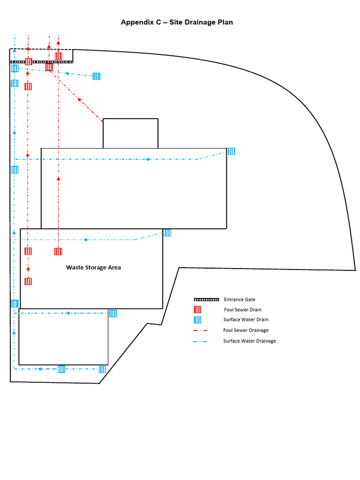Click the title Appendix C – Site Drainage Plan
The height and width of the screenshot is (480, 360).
(177, 22)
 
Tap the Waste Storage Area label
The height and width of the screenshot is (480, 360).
(93, 267)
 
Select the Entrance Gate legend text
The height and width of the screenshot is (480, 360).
(240, 299)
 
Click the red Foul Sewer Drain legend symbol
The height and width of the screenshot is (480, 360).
(198, 309)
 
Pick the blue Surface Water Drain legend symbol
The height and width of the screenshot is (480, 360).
(198, 320)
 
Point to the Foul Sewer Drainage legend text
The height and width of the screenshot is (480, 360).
(246, 330)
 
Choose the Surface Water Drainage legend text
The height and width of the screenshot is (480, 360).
(249, 341)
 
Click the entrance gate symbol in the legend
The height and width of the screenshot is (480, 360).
(206, 299)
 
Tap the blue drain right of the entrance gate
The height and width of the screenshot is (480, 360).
(96, 76)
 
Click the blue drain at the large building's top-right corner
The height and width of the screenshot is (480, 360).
(231, 151)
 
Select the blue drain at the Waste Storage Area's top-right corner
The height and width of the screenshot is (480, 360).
(167, 232)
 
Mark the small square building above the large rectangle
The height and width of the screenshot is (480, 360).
(130, 133)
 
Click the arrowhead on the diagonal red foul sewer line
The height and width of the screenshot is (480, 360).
(80, 99)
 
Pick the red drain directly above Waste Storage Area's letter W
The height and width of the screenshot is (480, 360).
(58, 251)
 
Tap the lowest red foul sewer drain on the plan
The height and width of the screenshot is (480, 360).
(28, 281)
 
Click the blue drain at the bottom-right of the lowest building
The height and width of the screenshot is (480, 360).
(102, 369)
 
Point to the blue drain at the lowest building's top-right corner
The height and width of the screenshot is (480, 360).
(113, 313)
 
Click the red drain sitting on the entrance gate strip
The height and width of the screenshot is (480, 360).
(29, 61)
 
